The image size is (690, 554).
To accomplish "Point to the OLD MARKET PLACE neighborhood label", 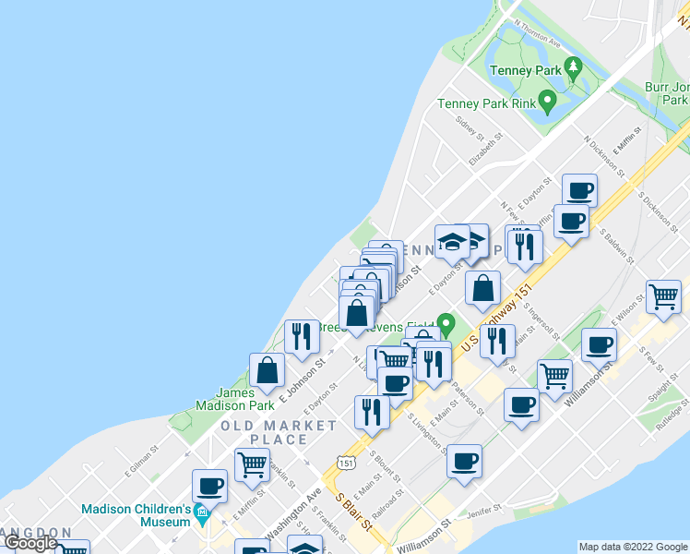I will [x=279, y=432].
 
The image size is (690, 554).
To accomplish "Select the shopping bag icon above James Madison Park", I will [x=267, y=370].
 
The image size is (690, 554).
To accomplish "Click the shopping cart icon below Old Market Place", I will [x=252, y=464].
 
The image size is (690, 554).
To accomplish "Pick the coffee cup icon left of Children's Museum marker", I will [x=210, y=485].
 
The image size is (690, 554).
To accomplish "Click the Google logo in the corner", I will [x=31, y=543].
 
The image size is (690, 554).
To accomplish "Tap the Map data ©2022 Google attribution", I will [x=633, y=547].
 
